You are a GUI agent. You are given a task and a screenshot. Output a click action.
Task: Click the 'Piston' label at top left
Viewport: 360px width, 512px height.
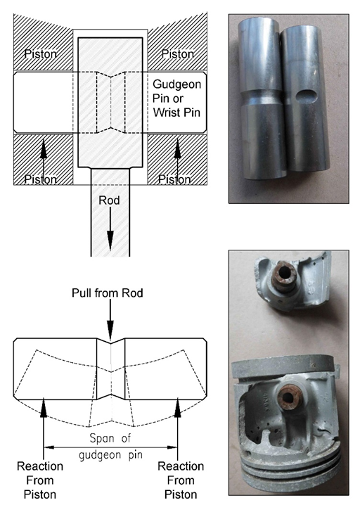(41, 54)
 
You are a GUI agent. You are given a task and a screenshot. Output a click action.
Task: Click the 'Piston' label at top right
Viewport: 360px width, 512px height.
(178, 54)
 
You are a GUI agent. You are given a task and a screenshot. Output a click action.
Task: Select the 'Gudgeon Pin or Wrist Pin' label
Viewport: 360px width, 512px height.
(177, 98)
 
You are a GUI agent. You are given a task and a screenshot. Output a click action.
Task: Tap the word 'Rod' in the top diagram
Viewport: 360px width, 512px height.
(110, 200)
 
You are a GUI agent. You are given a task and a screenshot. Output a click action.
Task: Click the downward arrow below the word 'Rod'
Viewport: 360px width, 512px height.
(110, 229)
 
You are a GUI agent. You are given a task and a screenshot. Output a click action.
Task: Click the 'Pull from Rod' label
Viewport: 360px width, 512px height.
(108, 293)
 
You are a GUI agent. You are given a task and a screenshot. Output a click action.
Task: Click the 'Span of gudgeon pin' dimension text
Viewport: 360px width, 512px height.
(111, 446)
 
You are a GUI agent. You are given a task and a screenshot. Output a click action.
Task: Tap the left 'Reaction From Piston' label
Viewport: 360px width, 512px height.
(40, 480)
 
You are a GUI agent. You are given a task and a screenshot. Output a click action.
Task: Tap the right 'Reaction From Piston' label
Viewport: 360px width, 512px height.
(181, 480)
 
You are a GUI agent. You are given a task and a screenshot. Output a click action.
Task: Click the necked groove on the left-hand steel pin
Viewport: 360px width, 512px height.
(261, 97)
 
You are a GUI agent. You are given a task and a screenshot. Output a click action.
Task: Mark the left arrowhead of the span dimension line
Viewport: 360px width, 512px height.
(49, 447)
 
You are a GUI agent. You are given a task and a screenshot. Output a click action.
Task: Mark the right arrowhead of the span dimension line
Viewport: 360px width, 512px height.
(172, 447)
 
